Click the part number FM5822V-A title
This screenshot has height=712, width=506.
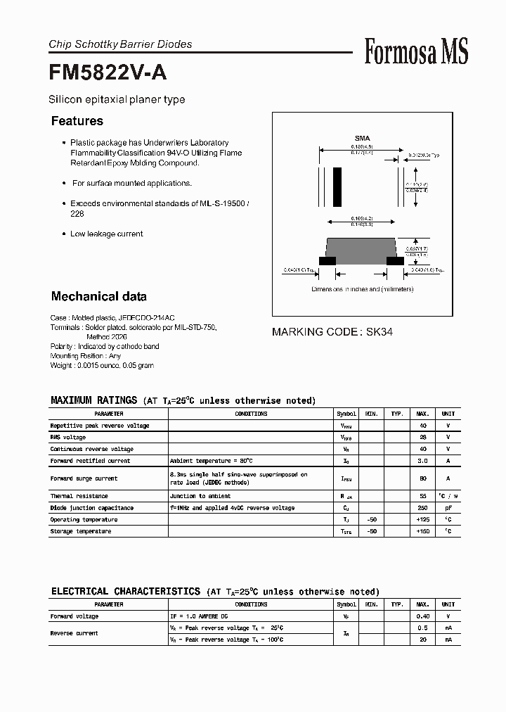point(108,72)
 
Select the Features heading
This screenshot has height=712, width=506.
point(77,121)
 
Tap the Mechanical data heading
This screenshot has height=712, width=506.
point(99,296)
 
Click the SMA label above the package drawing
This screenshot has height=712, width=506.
point(362,139)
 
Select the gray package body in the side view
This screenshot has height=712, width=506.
point(361,248)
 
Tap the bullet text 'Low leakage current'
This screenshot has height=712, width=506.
point(106,234)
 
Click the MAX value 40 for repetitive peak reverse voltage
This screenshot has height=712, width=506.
point(423,426)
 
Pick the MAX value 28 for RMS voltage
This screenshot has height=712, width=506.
point(423,438)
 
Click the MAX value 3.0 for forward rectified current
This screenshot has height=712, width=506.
point(423,461)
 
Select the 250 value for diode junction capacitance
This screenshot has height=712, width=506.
point(423,508)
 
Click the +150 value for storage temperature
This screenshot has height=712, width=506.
point(423,531)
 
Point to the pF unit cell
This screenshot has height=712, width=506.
point(448,508)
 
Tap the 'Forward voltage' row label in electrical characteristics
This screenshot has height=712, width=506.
point(74,616)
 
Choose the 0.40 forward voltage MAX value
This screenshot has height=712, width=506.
point(423,616)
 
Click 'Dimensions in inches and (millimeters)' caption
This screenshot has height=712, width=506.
point(361,289)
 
